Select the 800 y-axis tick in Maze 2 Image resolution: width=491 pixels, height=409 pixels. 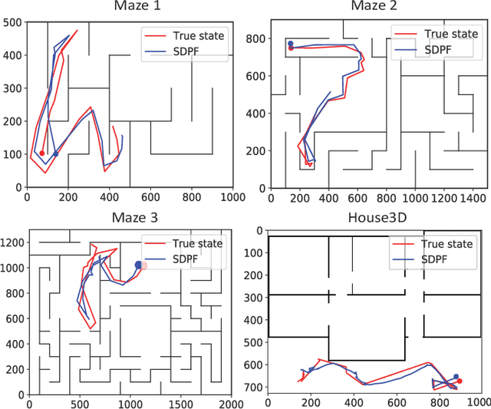[x=255, y=38]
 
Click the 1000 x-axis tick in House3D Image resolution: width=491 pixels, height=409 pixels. [x=479, y=402]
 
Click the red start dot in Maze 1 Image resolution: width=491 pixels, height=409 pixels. [x=42, y=153]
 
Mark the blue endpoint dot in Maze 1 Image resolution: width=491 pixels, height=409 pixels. [x=55, y=154]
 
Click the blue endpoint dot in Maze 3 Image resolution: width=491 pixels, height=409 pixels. [x=138, y=265]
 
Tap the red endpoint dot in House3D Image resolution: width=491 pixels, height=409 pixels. [x=459, y=381]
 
